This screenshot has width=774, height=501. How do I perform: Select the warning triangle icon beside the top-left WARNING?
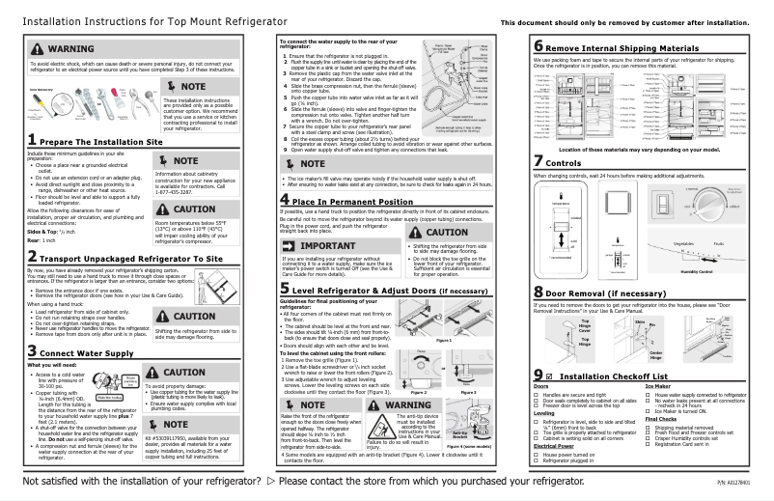point(28,48)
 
